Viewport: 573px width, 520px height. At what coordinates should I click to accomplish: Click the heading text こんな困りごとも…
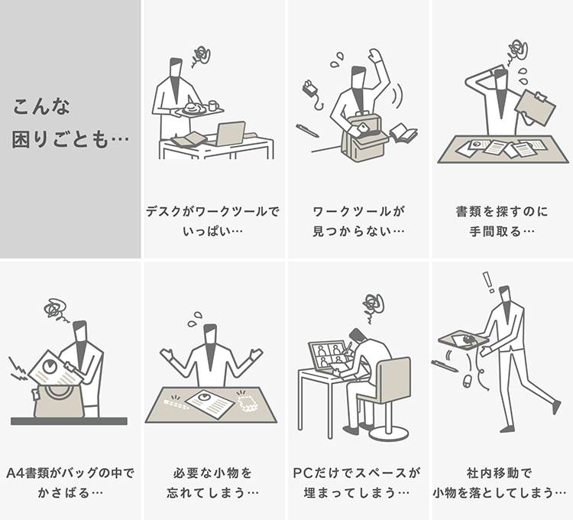coord(70,123)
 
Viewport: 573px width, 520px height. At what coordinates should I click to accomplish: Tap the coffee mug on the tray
coord(213,106)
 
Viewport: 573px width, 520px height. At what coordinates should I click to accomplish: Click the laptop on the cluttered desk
coord(230,134)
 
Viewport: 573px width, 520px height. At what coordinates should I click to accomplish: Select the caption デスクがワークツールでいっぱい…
coord(212,221)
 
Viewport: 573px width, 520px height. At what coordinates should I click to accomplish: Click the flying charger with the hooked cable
coord(312,92)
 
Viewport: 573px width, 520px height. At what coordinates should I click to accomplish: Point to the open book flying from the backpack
coord(403,133)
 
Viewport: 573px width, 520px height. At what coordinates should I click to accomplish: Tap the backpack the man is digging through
coord(364,138)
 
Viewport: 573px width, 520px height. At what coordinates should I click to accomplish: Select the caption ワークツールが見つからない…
coord(358,221)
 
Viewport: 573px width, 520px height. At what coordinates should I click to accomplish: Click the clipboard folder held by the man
coord(535,108)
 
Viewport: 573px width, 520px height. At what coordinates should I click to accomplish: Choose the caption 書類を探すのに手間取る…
coord(502,221)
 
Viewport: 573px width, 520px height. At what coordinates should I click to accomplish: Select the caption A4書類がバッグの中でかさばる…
coord(70,483)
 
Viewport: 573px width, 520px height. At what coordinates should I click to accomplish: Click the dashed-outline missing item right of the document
coord(248,403)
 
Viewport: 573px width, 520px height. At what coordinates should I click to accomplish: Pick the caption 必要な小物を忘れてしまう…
coord(212,483)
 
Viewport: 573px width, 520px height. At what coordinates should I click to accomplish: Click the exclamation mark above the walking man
coord(488,282)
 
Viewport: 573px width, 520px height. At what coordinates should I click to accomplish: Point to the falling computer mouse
coord(467,381)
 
